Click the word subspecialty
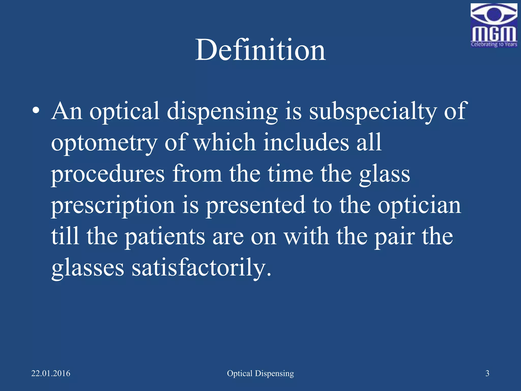click(373, 111)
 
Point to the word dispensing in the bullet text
click(222, 111)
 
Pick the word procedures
click(108, 174)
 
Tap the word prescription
click(113, 206)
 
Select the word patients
click(165, 237)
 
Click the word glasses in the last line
click(88, 268)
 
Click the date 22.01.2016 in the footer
click(51, 373)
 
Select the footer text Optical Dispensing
click(260, 373)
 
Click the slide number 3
click(487, 373)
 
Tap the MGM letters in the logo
click(494, 34)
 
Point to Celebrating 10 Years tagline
click(494, 44)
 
